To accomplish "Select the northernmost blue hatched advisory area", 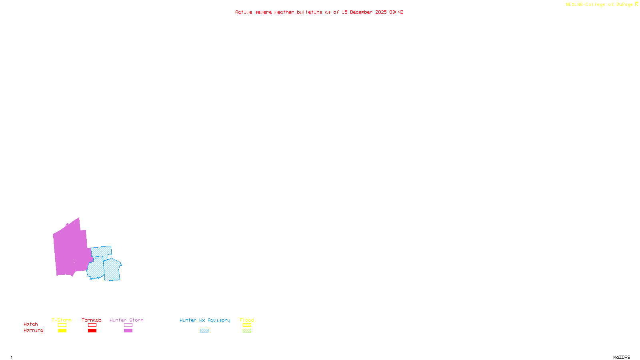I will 101,252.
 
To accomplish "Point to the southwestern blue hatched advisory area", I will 96,269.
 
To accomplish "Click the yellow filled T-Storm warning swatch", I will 62,331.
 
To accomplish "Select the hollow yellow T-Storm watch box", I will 62,325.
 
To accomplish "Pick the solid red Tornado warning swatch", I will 92,331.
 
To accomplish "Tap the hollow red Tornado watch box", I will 92,325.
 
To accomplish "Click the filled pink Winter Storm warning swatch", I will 128,331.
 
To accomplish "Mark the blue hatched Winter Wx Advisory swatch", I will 204,331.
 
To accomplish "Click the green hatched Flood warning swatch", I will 247,331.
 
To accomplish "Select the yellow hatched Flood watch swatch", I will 247,325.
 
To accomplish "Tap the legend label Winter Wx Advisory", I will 205,320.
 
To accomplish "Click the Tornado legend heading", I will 92,320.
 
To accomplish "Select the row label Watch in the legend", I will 31,324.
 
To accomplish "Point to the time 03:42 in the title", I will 396,12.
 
